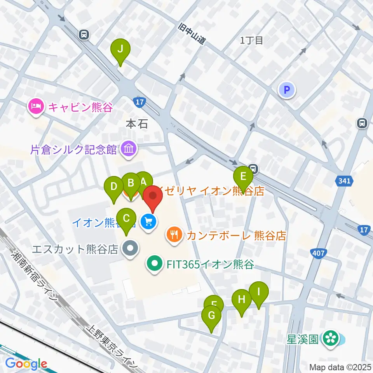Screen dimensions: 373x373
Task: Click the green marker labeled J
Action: point(120,50)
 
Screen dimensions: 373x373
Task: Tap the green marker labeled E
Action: point(243,177)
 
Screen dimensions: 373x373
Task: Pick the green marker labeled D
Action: point(114,186)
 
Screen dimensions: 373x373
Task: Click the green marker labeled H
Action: point(242,300)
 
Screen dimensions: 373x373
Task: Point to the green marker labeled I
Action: point(259,291)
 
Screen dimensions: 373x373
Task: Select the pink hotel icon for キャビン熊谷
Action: point(36,106)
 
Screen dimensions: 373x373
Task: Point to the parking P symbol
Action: point(287,91)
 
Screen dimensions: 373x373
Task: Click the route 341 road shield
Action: point(344,181)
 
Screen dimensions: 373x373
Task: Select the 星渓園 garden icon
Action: point(331,338)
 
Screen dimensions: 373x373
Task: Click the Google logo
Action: point(26,364)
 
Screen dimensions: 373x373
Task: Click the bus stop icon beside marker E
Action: point(253,169)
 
